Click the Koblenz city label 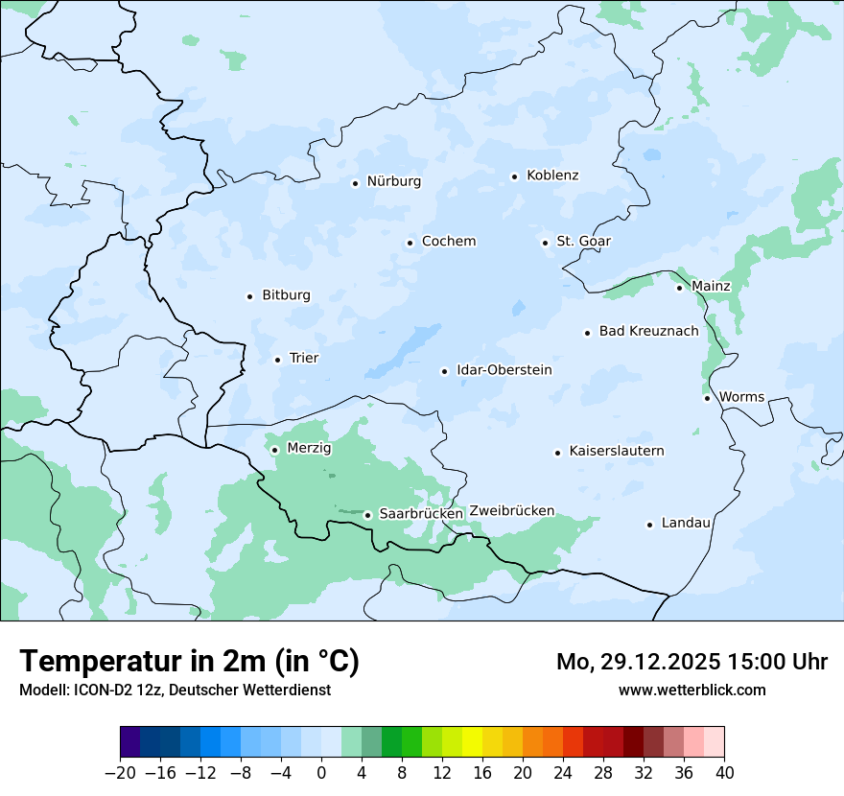click(x=552, y=176)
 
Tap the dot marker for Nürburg click(x=355, y=182)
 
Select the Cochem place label click(x=448, y=242)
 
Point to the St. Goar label click(x=583, y=242)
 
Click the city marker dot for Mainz click(x=679, y=288)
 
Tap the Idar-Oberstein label click(x=504, y=370)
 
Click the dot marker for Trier click(x=277, y=360)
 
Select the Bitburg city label click(x=286, y=295)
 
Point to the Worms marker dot click(x=707, y=398)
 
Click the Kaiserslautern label click(x=616, y=452)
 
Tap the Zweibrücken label click(x=511, y=511)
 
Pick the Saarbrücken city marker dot click(x=367, y=515)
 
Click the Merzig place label click(x=309, y=449)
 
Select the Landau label click(x=686, y=524)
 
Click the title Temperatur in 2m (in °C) click(x=189, y=661)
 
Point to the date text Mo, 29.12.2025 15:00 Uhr click(x=692, y=662)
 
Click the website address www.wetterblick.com click(x=692, y=690)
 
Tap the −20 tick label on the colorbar click(x=120, y=773)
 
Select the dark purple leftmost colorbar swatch click(x=129, y=742)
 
